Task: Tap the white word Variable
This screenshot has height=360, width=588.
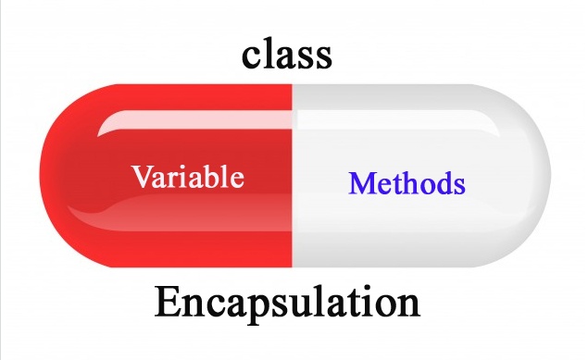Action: pos(188,176)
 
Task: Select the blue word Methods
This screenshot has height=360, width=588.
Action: pos(407,183)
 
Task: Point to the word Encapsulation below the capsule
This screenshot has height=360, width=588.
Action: pos(287,303)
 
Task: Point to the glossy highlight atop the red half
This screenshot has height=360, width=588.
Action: pos(194,121)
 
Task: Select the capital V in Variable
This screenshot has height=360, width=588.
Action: pos(142,176)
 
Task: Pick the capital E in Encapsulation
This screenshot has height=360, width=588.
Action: pos(168,303)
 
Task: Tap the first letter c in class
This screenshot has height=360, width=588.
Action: pos(252,56)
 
